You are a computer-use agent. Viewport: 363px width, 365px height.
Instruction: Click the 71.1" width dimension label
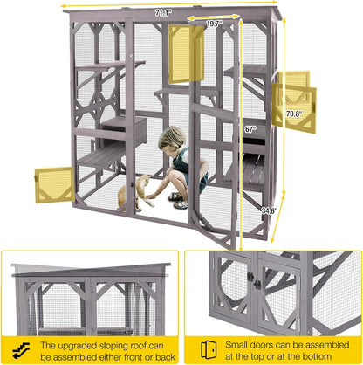tap(163, 14)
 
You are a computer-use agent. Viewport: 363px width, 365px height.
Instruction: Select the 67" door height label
tap(250, 128)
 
